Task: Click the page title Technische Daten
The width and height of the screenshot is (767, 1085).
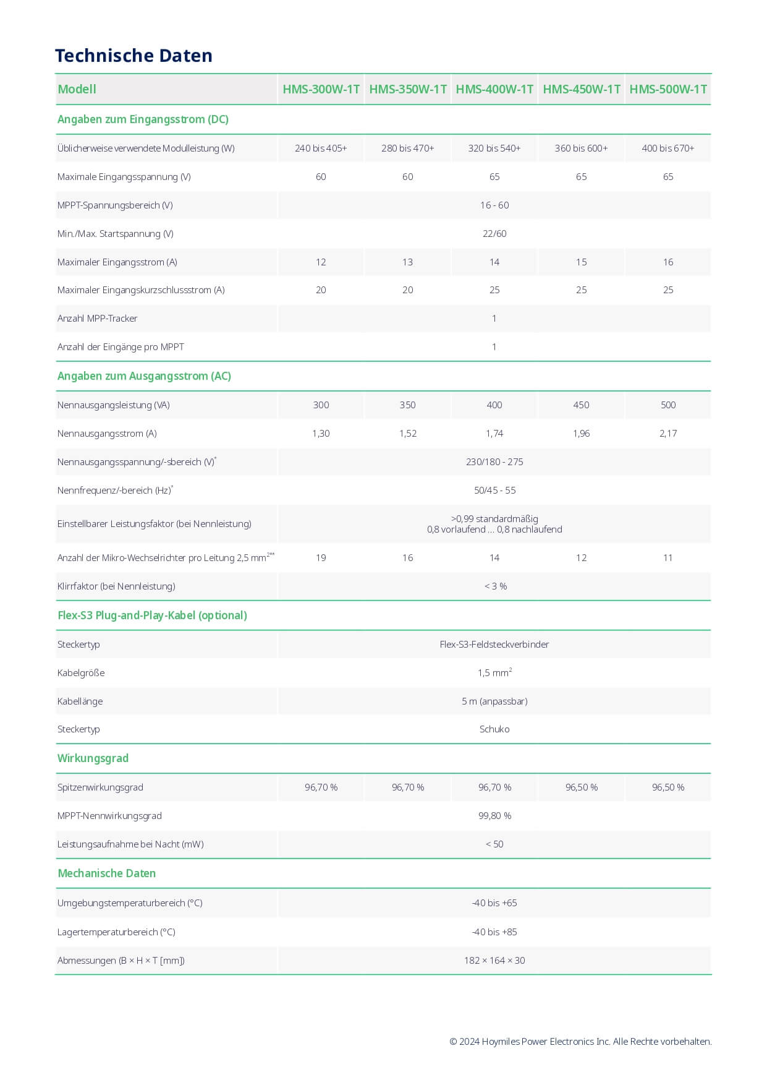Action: pyautogui.click(x=133, y=56)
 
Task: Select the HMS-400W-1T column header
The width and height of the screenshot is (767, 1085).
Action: pyautogui.click(x=494, y=89)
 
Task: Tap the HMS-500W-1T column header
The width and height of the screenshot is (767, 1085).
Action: pyautogui.click(x=668, y=89)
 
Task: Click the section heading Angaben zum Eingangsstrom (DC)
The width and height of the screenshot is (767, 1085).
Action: pyautogui.click(x=143, y=119)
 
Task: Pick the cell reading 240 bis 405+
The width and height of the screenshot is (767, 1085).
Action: pyautogui.click(x=321, y=148)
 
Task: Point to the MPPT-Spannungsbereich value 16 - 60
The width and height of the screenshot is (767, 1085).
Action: pyautogui.click(x=494, y=205)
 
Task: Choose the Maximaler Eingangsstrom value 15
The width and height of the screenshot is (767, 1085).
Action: pyautogui.click(x=581, y=262)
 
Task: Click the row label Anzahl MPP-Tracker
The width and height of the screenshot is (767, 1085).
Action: pyautogui.click(x=97, y=319)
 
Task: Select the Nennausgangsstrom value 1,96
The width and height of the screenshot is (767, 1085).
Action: pyautogui.click(x=581, y=434)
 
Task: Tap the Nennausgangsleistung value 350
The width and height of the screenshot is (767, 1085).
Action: pyautogui.click(x=407, y=405)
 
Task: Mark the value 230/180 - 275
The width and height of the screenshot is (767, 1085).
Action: pyautogui.click(x=494, y=462)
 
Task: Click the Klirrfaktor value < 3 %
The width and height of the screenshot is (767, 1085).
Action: pyautogui.click(x=495, y=586)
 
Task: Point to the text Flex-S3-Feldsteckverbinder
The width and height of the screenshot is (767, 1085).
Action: pyautogui.click(x=494, y=645)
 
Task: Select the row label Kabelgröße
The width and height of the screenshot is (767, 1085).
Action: pyautogui.click(x=81, y=673)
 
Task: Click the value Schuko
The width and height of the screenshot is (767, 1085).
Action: pyautogui.click(x=494, y=729)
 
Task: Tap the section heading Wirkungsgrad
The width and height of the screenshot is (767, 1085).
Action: pyautogui.click(x=93, y=758)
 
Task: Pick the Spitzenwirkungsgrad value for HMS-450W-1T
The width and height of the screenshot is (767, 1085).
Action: pyautogui.click(x=581, y=787)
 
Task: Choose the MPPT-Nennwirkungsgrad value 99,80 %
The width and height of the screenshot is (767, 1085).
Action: pyautogui.click(x=494, y=816)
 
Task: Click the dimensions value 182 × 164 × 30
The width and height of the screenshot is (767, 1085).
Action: pyautogui.click(x=494, y=961)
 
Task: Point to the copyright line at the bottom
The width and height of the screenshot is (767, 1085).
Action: pyautogui.click(x=580, y=1042)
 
